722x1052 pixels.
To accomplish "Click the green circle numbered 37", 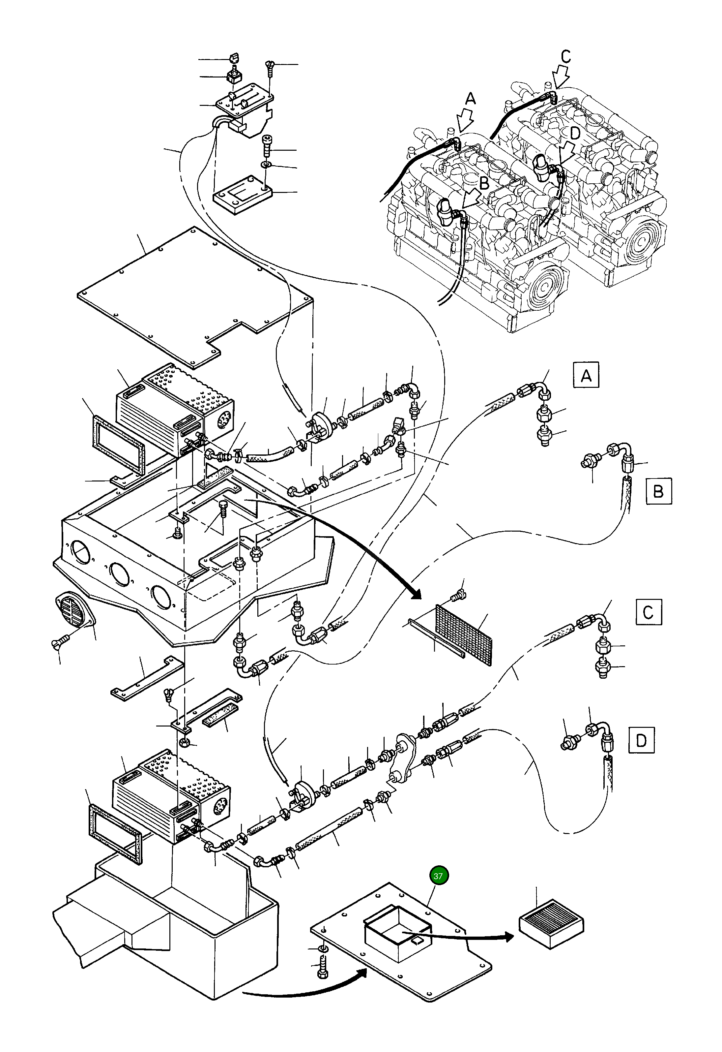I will pyautogui.click(x=438, y=876).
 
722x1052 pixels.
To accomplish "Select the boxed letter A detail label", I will pyautogui.click(x=586, y=375).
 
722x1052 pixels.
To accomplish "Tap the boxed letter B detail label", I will pyautogui.click(x=659, y=491).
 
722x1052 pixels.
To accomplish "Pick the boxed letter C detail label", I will pyautogui.click(x=649, y=612).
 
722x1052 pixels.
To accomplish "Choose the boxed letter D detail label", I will pyautogui.click(x=642, y=740).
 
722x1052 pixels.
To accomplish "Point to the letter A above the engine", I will pyautogui.click(x=471, y=99).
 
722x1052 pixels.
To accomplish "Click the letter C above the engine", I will pyautogui.click(x=565, y=57).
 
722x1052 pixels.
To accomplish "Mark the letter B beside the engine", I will pyautogui.click(x=484, y=183).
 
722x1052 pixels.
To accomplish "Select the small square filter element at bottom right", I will pyautogui.click(x=551, y=923).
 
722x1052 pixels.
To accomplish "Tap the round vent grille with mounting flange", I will pyautogui.click(x=73, y=612).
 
